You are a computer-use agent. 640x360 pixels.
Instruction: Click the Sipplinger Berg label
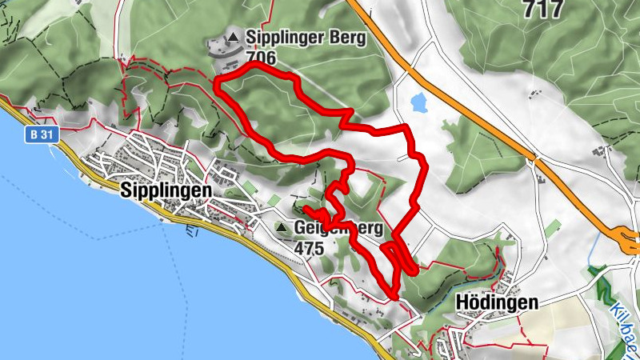click(x=306, y=37)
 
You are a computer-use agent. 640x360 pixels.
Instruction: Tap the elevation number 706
click(x=262, y=58)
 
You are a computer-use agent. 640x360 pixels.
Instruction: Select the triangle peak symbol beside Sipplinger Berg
click(x=233, y=37)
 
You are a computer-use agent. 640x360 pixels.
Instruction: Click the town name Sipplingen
click(x=166, y=190)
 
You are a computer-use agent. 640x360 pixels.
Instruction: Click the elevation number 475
click(x=308, y=249)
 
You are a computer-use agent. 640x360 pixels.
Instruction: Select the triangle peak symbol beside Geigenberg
click(x=282, y=229)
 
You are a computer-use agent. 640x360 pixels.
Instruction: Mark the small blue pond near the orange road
click(x=417, y=102)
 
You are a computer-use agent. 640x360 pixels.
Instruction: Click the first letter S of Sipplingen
click(x=126, y=190)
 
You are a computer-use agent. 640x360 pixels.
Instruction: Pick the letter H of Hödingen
click(x=460, y=302)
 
